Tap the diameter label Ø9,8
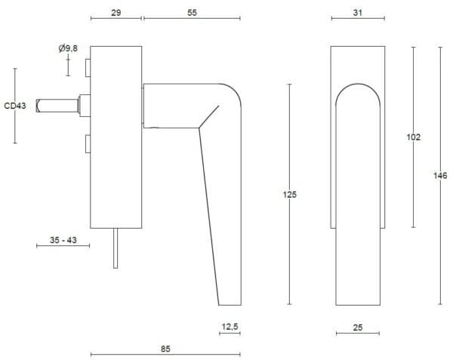point(68,48)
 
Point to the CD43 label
point(14,106)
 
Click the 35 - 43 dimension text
point(63,240)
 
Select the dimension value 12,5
point(230,327)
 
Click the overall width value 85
point(165,349)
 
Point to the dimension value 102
point(413,137)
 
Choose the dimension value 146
point(440,175)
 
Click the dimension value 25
point(359,327)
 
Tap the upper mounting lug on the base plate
point(88,68)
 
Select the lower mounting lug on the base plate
point(88,143)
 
